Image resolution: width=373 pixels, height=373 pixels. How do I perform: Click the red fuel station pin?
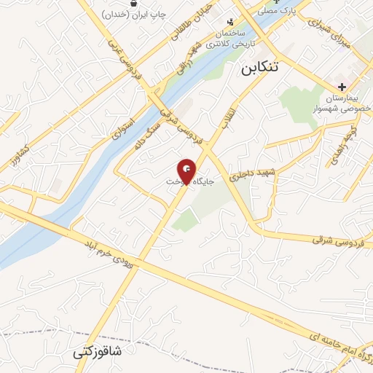187,170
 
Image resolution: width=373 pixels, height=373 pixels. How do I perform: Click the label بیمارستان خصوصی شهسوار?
342,102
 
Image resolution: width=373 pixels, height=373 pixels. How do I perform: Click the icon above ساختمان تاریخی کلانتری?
232,22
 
